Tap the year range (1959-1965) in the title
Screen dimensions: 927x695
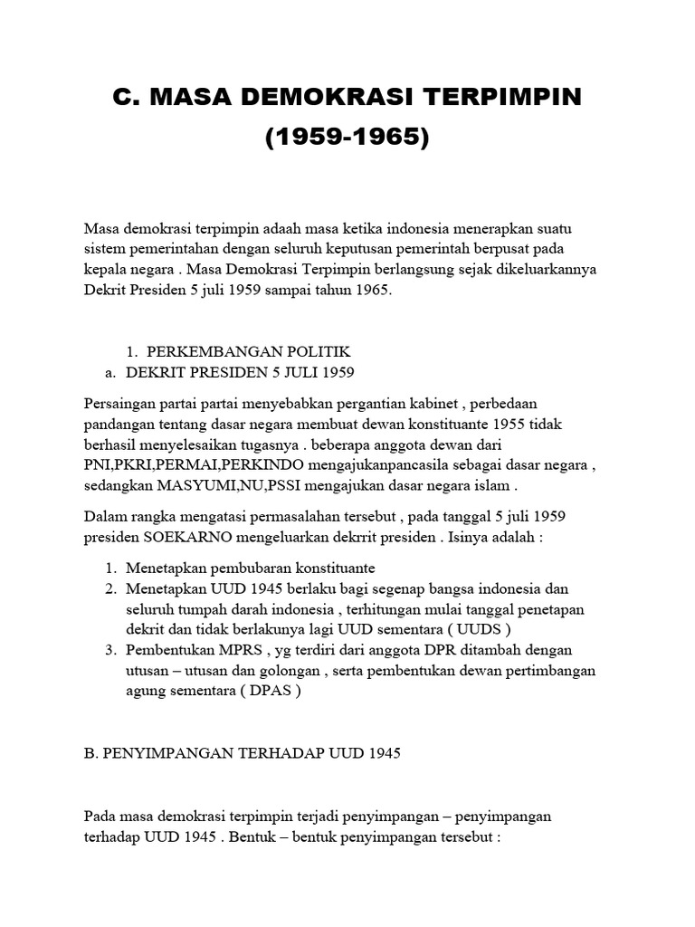pyautogui.click(x=347, y=139)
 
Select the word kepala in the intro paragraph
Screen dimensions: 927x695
pyautogui.click(x=105, y=271)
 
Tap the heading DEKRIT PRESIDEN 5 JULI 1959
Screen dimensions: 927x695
pyautogui.click(x=240, y=372)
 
